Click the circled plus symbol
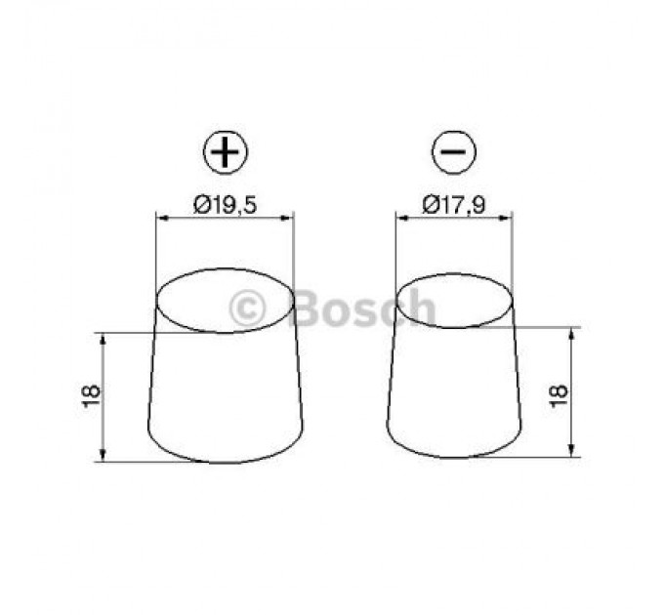point(226,154)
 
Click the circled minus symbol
point(454,154)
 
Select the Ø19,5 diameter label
point(226,204)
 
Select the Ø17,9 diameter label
point(454,204)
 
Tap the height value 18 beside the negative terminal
point(559,392)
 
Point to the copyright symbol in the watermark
point(247,308)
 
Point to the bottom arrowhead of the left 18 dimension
point(103,456)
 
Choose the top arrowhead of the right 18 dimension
point(572,333)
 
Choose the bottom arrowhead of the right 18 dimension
point(572,450)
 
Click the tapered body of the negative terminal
point(454,395)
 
